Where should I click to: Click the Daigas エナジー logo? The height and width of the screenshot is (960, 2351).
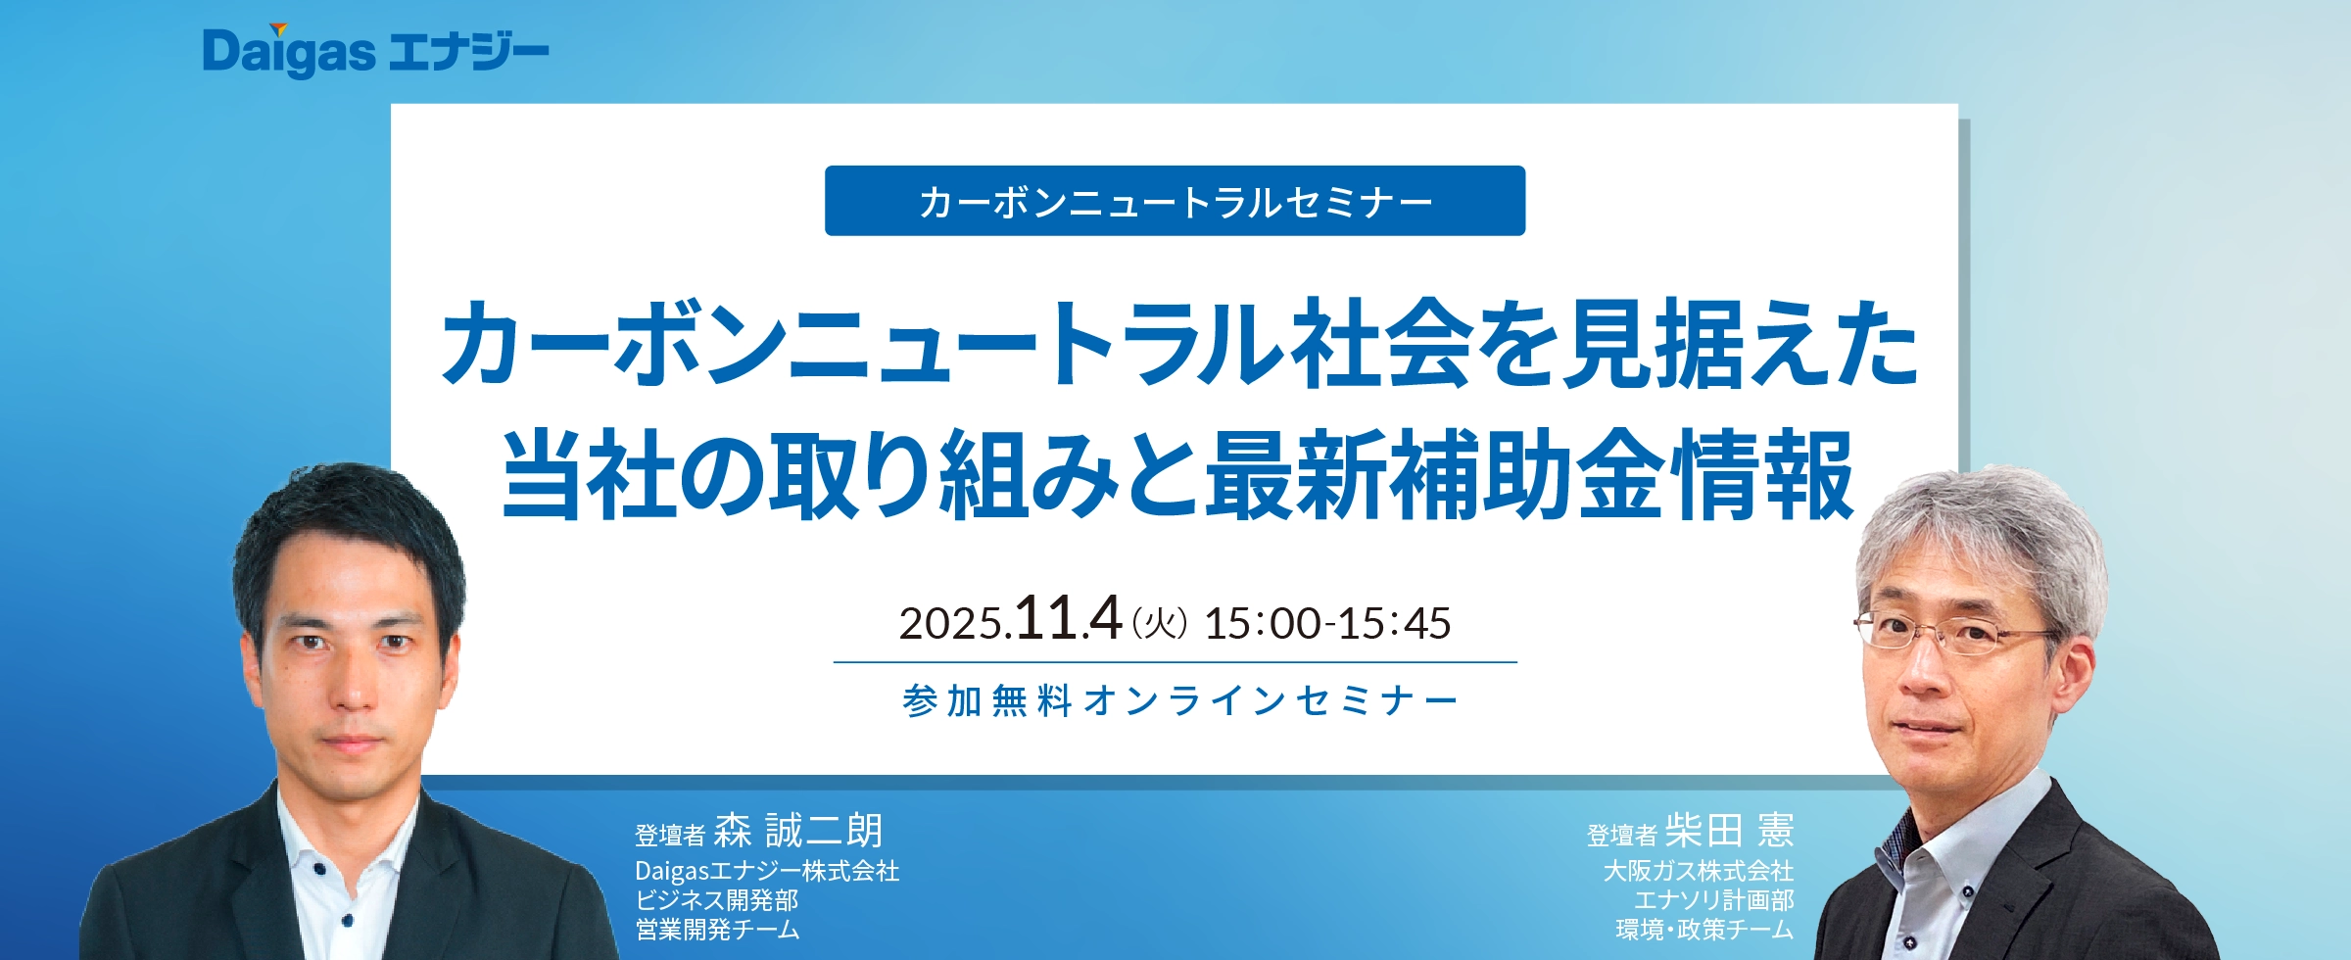coord(375,51)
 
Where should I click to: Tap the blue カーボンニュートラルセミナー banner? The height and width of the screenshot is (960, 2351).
coord(1175,201)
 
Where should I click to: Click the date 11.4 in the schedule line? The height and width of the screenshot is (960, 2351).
coord(1069,618)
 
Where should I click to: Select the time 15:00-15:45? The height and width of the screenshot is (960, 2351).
coord(1327,623)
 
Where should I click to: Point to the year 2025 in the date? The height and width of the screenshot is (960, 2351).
coord(952,624)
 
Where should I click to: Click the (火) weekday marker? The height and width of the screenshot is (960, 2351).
coord(1160,623)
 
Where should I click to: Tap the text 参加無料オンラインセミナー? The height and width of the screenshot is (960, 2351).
coord(1179,701)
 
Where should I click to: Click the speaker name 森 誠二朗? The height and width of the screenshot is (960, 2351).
coord(798,831)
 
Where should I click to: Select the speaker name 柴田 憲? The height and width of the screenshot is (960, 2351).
coord(1730,831)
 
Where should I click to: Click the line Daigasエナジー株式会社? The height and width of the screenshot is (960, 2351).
coord(767,871)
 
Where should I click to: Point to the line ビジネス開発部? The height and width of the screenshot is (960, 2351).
coord(717,900)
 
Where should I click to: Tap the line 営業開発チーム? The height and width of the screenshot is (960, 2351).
coord(717,929)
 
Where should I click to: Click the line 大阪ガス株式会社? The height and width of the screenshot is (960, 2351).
coord(1699,871)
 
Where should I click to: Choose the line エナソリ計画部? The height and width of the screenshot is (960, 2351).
coord(1714,900)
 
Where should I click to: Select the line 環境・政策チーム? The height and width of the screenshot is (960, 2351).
coord(1704,929)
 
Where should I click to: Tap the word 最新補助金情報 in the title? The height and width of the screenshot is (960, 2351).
coord(1530,474)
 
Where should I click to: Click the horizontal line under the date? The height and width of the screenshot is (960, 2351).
coord(1175,662)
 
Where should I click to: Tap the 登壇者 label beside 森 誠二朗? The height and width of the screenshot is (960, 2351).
coord(670,836)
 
